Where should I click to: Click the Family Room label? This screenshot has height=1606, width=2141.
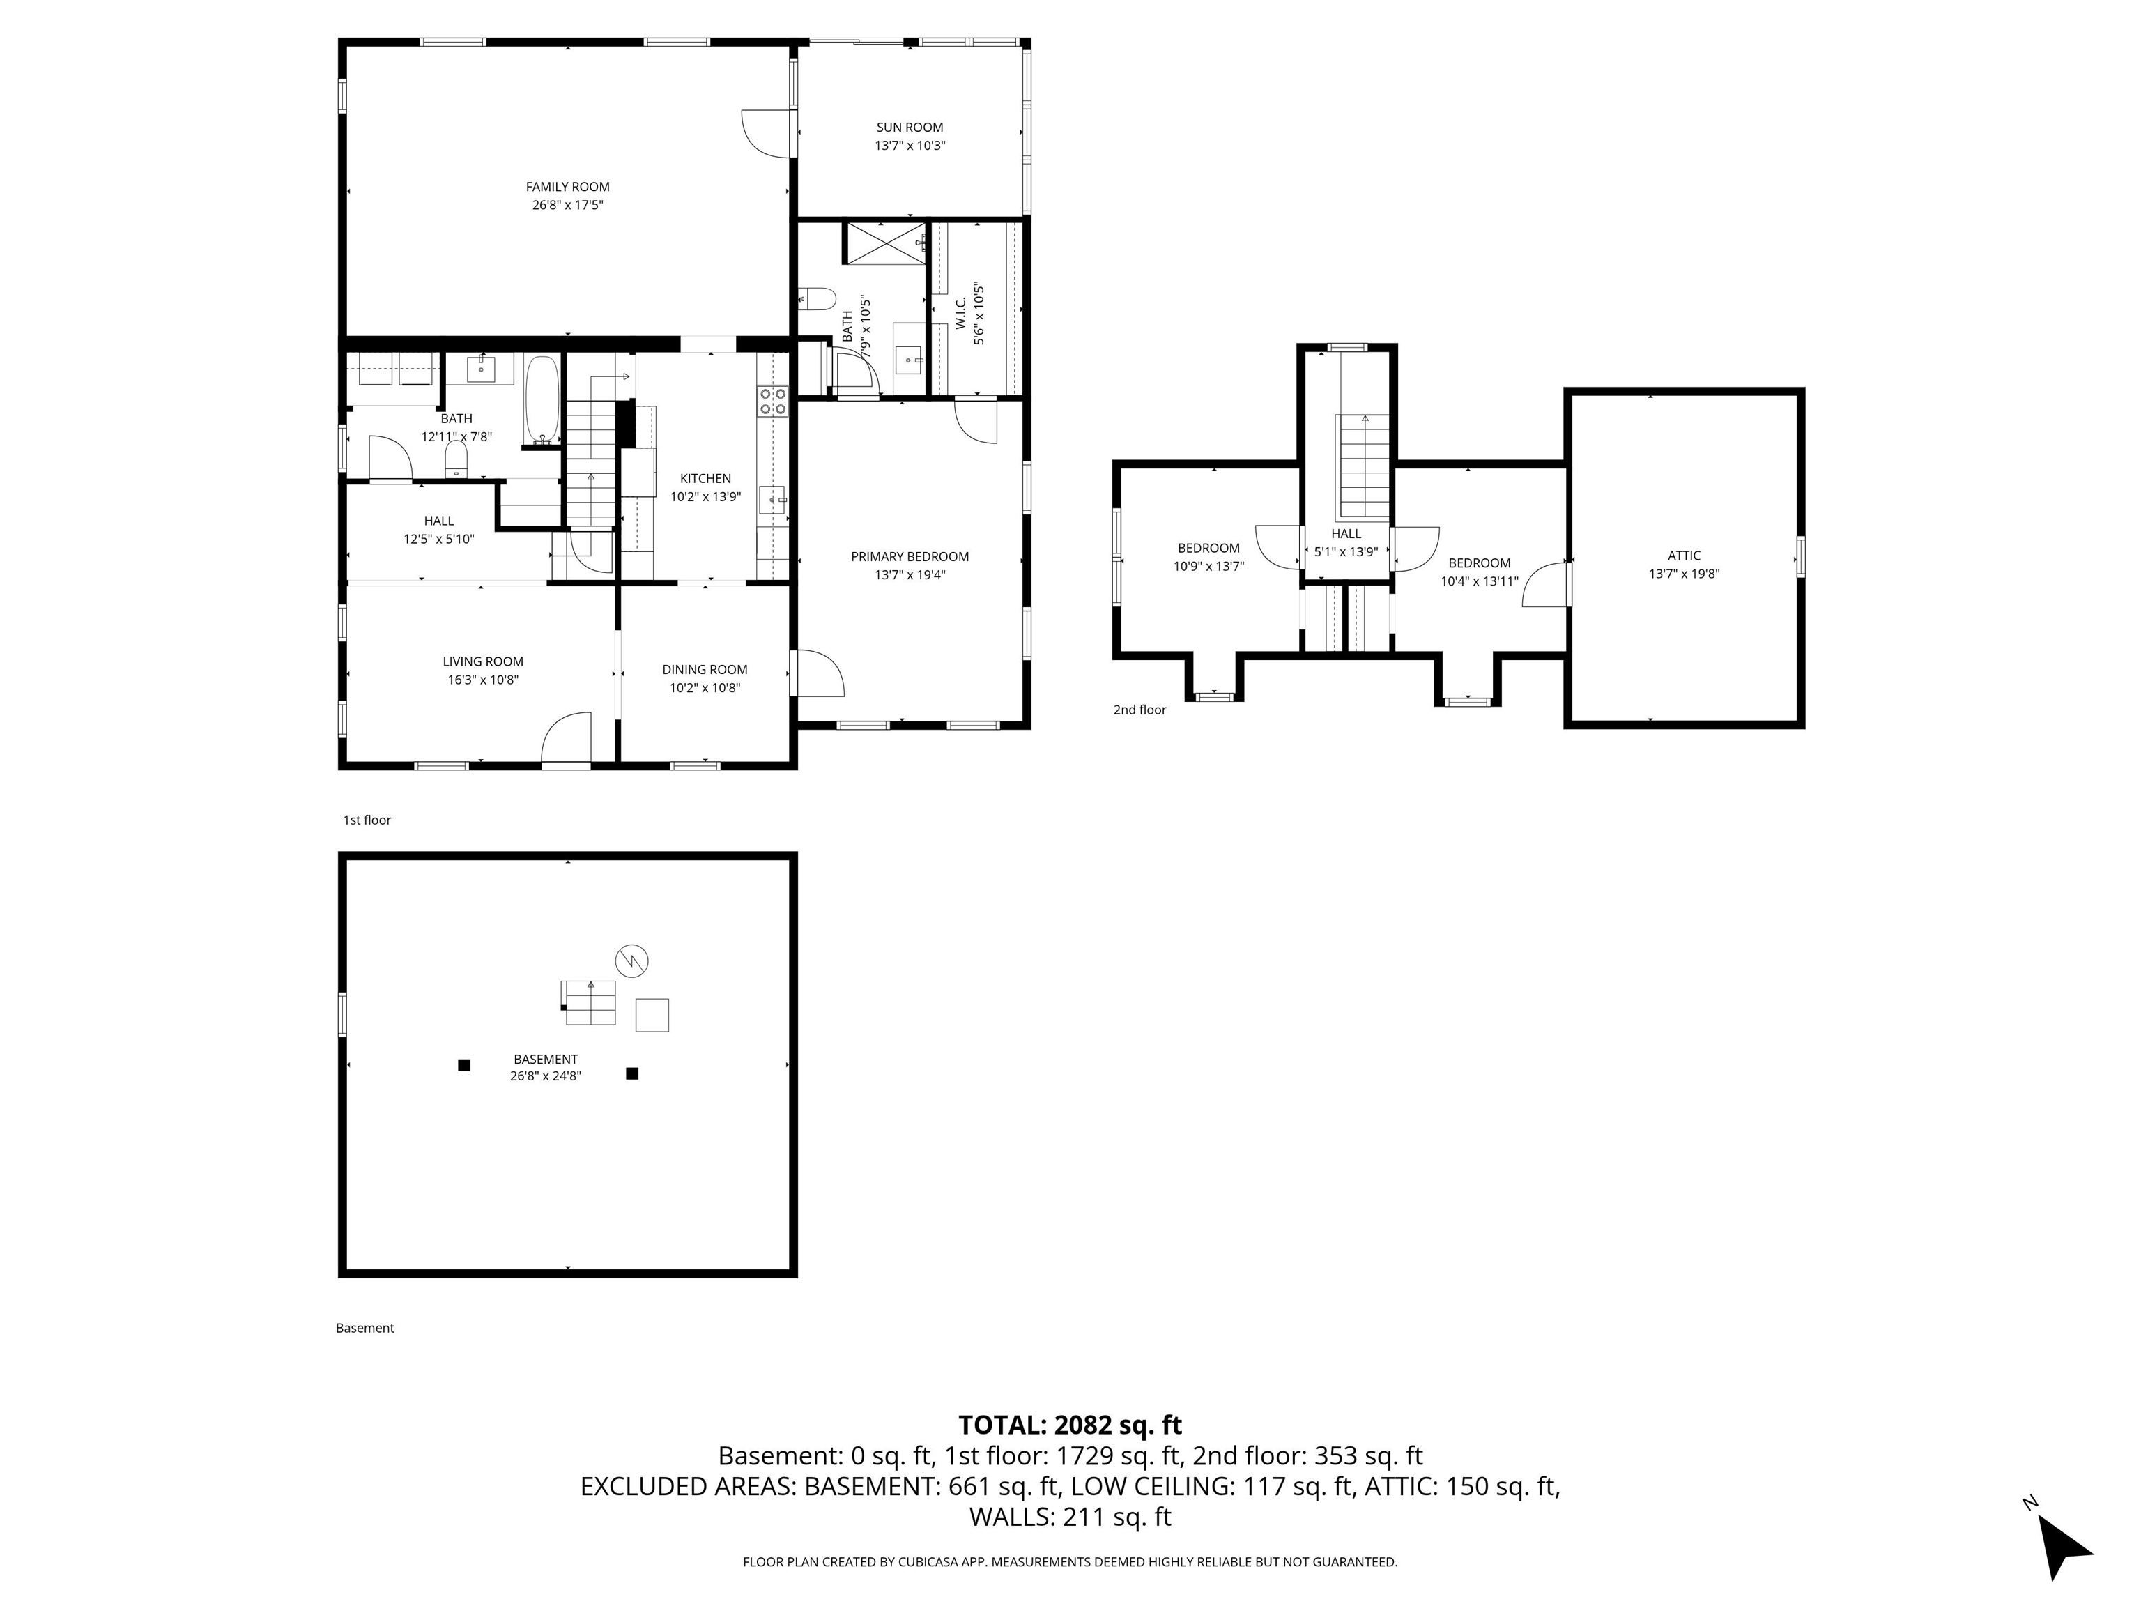567,187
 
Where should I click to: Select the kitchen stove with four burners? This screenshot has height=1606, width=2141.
772,401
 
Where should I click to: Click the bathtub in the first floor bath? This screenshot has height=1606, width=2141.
542,400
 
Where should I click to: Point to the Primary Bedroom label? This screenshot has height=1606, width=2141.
909,557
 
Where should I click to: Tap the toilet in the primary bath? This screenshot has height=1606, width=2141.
818,298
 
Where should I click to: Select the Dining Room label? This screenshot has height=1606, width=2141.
704,670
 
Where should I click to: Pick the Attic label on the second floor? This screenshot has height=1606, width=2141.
1683,556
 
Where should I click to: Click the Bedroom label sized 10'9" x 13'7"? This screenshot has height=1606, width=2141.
1208,548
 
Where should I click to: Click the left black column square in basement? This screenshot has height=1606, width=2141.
463,1065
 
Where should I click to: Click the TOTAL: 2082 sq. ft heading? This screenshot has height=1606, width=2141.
1070,1425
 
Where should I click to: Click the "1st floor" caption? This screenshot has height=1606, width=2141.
367,820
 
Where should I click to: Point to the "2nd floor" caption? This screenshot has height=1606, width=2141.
1139,710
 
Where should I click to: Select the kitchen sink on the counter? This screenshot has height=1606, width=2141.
772,500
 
